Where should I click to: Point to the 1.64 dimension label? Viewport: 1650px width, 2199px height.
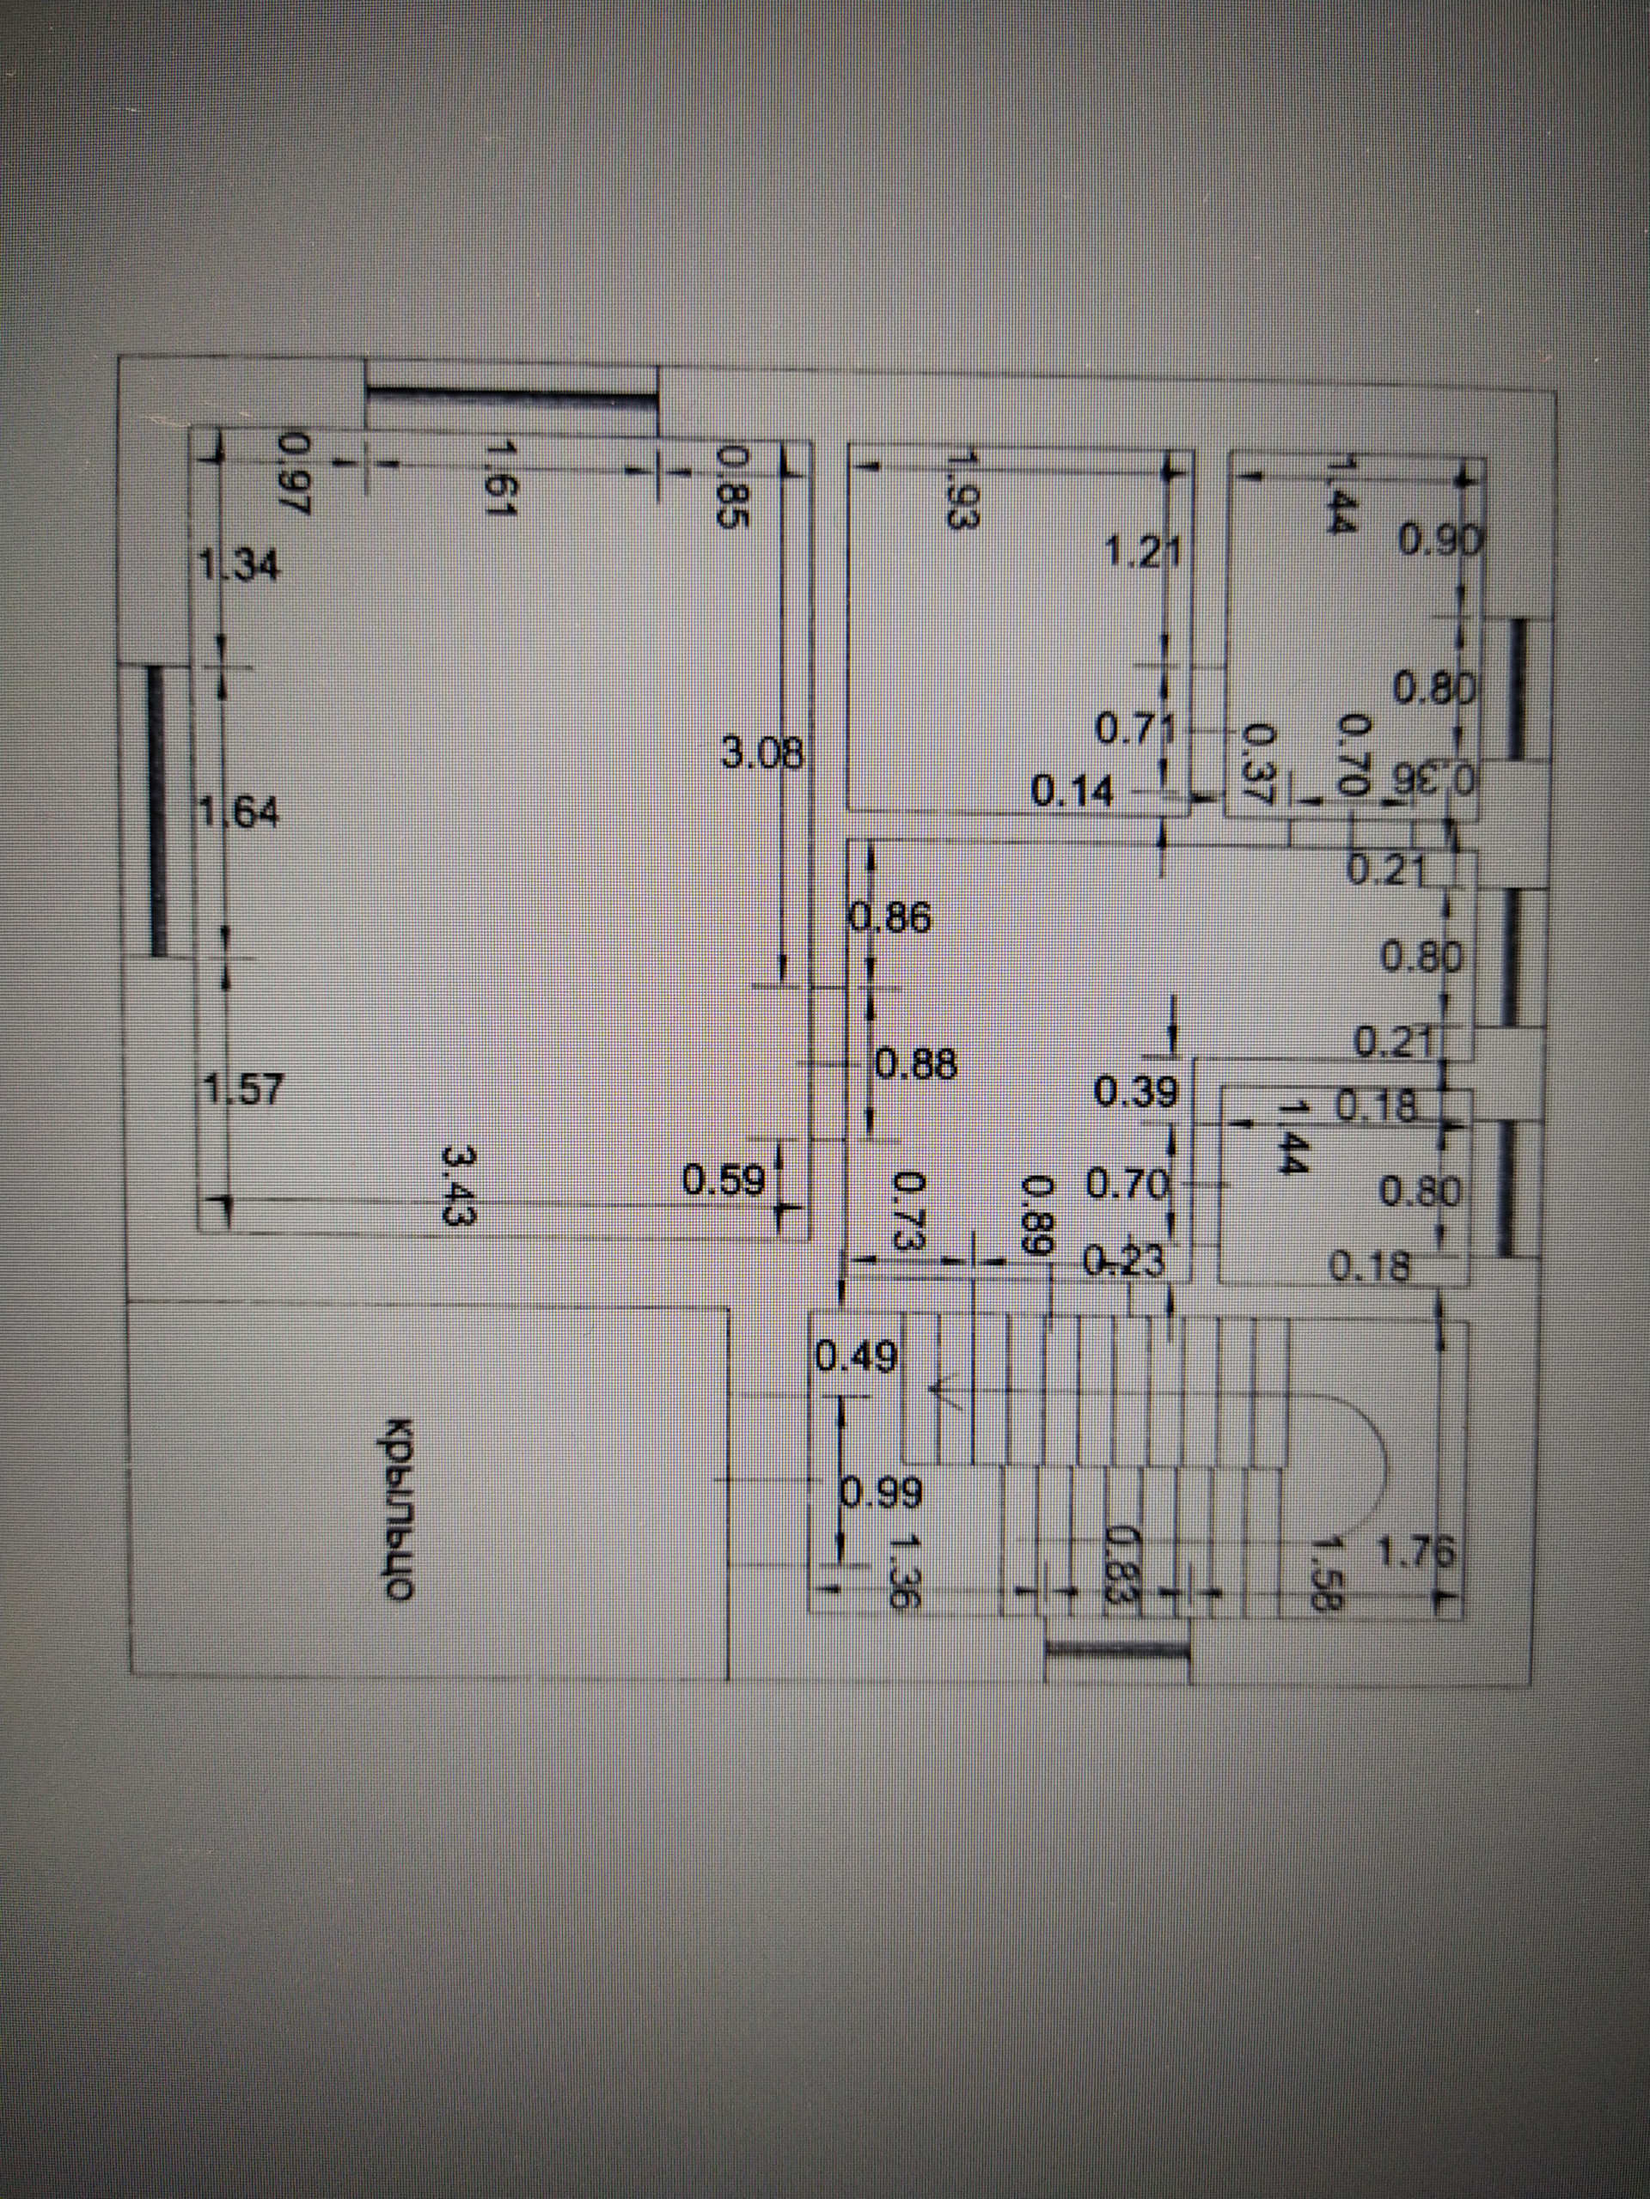240,813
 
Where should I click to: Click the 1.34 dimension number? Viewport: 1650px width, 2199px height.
240,568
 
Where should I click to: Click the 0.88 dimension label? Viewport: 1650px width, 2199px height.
915,1064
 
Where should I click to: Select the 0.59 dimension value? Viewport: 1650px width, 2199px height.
724,1181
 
